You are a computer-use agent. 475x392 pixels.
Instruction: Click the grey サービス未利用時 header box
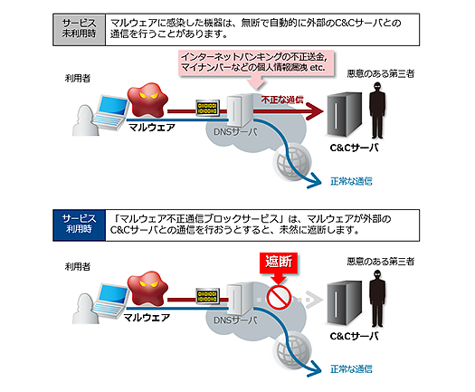(x=79, y=29)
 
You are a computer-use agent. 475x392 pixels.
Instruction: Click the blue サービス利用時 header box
(x=79, y=225)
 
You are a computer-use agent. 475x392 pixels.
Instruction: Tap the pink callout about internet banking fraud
(x=256, y=62)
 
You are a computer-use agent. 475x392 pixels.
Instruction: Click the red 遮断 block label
(x=279, y=263)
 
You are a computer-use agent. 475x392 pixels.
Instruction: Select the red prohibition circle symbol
(x=279, y=297)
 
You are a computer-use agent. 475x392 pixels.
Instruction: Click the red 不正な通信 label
(x=282, y=100)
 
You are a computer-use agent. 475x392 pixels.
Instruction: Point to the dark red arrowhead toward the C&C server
(x=315, y=111)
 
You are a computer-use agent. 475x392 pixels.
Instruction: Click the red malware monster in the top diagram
(x=147, y=100)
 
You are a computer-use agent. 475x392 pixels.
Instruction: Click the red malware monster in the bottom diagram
(x=147, y=288)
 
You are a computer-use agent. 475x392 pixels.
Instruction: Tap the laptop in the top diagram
(x=111, y=113)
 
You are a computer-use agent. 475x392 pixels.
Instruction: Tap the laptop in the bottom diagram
(x=111, y=301)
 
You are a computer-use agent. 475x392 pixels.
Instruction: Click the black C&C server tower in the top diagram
(x=345, y=114)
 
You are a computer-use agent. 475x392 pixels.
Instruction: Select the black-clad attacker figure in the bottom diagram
(x=377, y=299)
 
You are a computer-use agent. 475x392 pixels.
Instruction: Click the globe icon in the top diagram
(x=292, y=162)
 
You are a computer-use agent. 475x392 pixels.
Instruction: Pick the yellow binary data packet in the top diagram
(x=207, y=108)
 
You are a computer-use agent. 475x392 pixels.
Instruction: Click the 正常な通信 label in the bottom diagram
(x=351, y=369)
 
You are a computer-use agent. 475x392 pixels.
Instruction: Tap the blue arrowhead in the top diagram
(x=315, y=181)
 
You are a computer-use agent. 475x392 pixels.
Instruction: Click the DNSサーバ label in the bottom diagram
(x=235, y=320)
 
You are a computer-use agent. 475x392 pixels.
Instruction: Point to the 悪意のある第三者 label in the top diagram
(x=381, y=73)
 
